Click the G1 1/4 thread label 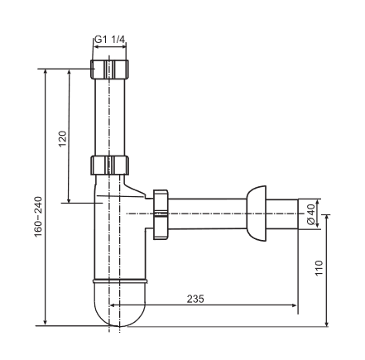(x=110, y=40)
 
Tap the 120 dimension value (x=63, y=139)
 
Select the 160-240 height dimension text (x=38, y=217)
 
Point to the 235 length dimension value (x=195, y=299)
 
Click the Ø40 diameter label (x=311, y=214)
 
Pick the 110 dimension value (x=319, y=268)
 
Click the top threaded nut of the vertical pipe (x=110, y=70)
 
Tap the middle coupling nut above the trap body (x=110, y=166)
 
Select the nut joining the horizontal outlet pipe (x=161, y=214)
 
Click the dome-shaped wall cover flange (x=257, y=214)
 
